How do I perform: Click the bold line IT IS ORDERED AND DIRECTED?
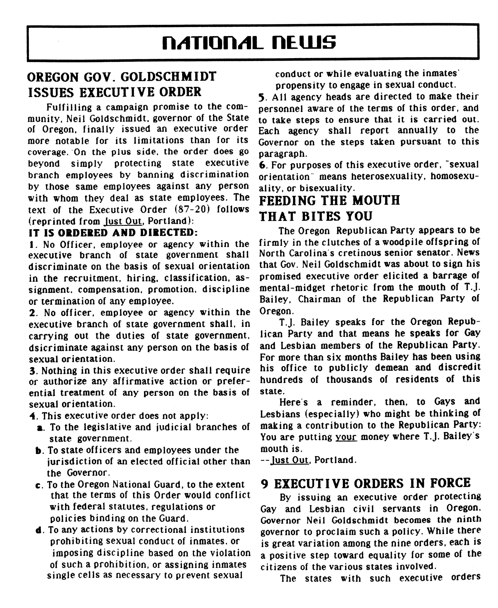pyautogui.click(x=113, y=232)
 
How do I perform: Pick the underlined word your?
pyautogui.click(x=346, y=437)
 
